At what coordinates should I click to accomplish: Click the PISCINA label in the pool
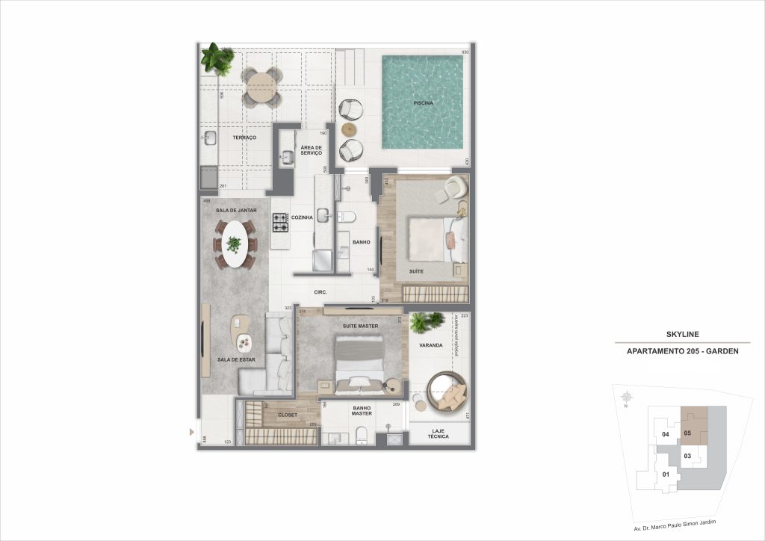[x=423, y=102]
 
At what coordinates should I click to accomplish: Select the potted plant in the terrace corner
[x=217, y=58]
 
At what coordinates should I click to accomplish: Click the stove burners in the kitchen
[x=280, y=222]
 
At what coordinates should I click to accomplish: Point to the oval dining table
[x=235, y=244]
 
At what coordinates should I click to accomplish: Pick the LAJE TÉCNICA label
[x=439, y=433]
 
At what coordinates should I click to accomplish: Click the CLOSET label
[x=288, y=415]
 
